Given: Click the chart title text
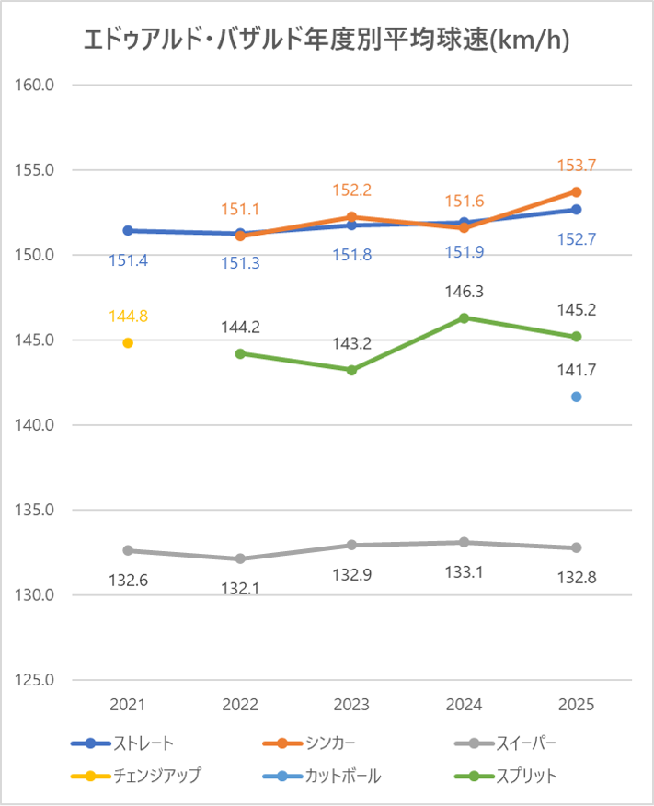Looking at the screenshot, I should coord(327,40).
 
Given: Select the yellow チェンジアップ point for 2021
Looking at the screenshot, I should coord(128,343).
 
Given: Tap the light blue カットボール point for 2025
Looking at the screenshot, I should coord(577,397).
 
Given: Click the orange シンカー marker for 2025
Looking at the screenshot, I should coord(577,191).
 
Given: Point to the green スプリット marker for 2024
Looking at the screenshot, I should coord(464,317).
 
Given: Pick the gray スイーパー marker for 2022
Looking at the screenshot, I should coord(240,558).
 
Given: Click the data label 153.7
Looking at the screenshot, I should coord(577,166).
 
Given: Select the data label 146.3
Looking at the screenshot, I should coord(464,292).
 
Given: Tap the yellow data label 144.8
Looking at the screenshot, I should coord(128,317).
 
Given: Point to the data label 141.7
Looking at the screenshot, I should coord(577,371).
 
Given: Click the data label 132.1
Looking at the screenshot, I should coord(240,588).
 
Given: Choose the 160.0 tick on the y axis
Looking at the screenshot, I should coord(38,85).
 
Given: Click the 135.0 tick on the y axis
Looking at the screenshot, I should coord(38,510).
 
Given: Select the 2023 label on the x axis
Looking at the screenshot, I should coord(352,705).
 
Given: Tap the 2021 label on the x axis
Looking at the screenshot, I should coord(128,705).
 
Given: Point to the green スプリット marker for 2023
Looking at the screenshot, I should coord(352,370).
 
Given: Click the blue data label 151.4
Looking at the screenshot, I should coord(128,261).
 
